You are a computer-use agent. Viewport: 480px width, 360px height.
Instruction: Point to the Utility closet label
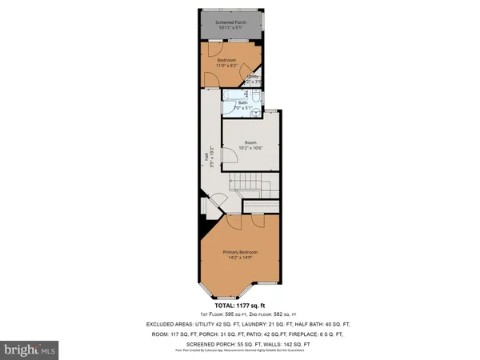click(x=253, y=76)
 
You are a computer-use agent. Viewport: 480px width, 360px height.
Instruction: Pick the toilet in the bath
click(x=254, y=113)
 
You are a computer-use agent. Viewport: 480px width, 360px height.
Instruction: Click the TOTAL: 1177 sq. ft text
click(x=240, y=306)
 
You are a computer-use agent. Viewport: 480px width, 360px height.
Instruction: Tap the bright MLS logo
click(x=30, y=350)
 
